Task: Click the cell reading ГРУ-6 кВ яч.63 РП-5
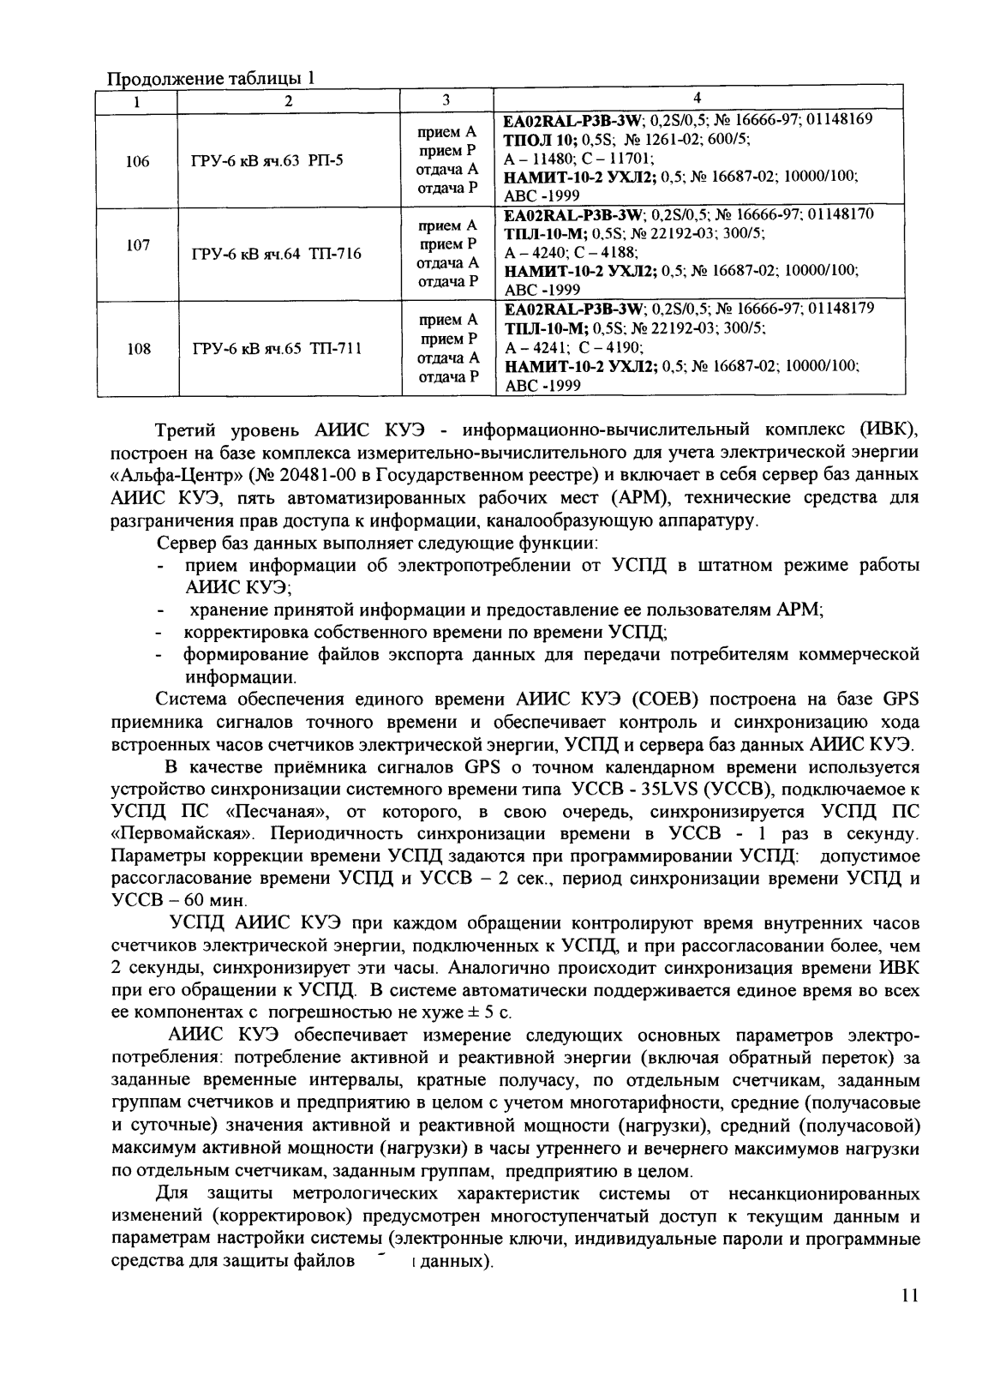[x=268, y=160]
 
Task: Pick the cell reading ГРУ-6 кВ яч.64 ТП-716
[x=277, y=255]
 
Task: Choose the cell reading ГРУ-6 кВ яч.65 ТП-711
[x=277, y=349]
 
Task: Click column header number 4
[x=697, y=99]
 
